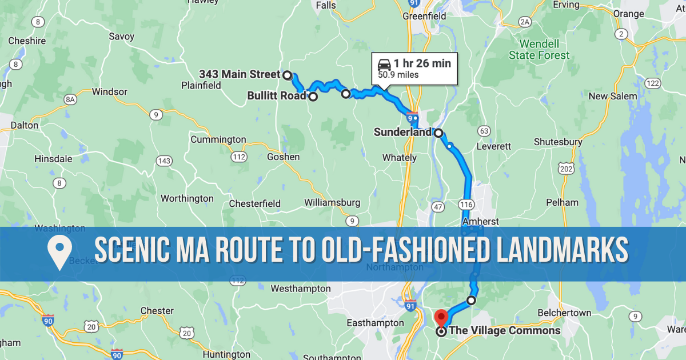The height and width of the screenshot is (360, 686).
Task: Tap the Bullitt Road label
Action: click(277, 96)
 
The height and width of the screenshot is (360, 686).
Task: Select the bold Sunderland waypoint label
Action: click(402, 133)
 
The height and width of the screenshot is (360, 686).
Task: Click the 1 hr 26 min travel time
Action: click(422, 63)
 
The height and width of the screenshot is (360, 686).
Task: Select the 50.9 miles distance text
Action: click(398, 75)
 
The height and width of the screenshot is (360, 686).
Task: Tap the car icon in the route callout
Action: click(384, 63)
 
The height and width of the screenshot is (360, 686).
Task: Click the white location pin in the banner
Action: click(59, 253)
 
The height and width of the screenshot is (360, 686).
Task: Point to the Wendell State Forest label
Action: click(540, 50)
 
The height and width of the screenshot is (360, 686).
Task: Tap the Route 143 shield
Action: click(164, 161)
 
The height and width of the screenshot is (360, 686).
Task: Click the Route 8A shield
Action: click(70, 99)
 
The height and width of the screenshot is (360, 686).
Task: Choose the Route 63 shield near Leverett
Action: click(484, 131)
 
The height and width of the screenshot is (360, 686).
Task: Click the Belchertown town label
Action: click(564, 313)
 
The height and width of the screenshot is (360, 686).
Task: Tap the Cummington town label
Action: click(218, 139)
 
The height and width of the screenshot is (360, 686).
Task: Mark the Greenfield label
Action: click(424, 16)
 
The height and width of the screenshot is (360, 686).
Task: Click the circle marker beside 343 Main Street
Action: click(288, 75)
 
